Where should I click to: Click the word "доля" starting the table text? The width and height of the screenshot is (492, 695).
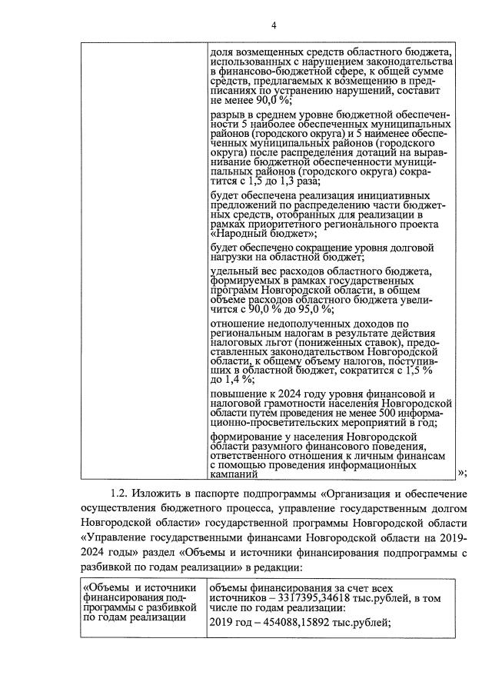221,52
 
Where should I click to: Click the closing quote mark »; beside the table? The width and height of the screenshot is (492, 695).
461,473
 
